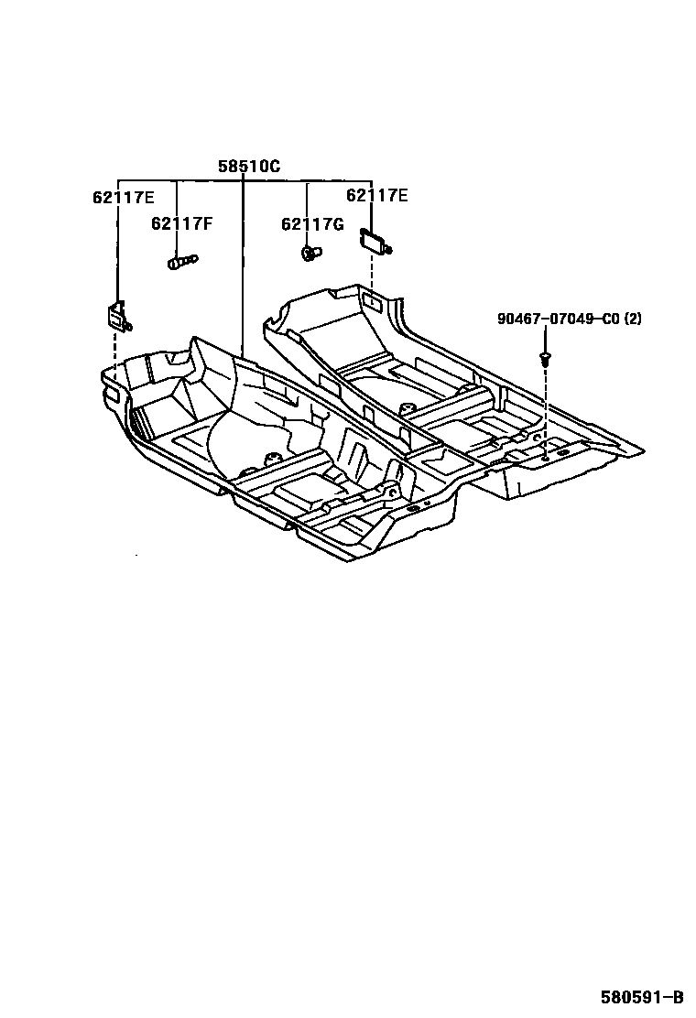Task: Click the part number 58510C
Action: (248, 167)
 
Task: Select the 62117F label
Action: (182, 222)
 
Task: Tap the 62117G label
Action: (312, 224)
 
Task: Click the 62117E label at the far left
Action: (123, 198)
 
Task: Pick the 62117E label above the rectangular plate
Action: (376, 195)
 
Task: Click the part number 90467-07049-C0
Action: (560, 319)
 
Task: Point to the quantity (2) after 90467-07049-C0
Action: (634, 319)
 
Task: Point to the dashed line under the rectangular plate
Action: (371, 271)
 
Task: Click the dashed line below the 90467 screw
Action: (546, 403)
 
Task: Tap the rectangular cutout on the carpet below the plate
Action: (374, 299)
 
